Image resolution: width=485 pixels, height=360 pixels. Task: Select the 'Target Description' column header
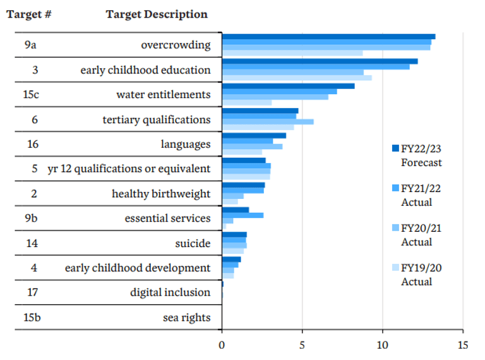157,14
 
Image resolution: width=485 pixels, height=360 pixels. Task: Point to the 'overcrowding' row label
176,45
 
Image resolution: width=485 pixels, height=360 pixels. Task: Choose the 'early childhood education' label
145,70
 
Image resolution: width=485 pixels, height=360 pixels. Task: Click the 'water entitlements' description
163,95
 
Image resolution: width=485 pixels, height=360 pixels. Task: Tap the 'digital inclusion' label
170,292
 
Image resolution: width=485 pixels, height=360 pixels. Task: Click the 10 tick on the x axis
383,345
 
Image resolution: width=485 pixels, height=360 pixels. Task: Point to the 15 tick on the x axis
463,345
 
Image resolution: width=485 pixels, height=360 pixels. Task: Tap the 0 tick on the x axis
222,345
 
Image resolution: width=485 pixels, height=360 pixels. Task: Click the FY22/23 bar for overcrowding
328,37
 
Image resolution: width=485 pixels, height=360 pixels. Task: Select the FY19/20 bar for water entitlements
247,102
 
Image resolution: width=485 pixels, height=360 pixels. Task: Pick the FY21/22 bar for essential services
242,215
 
